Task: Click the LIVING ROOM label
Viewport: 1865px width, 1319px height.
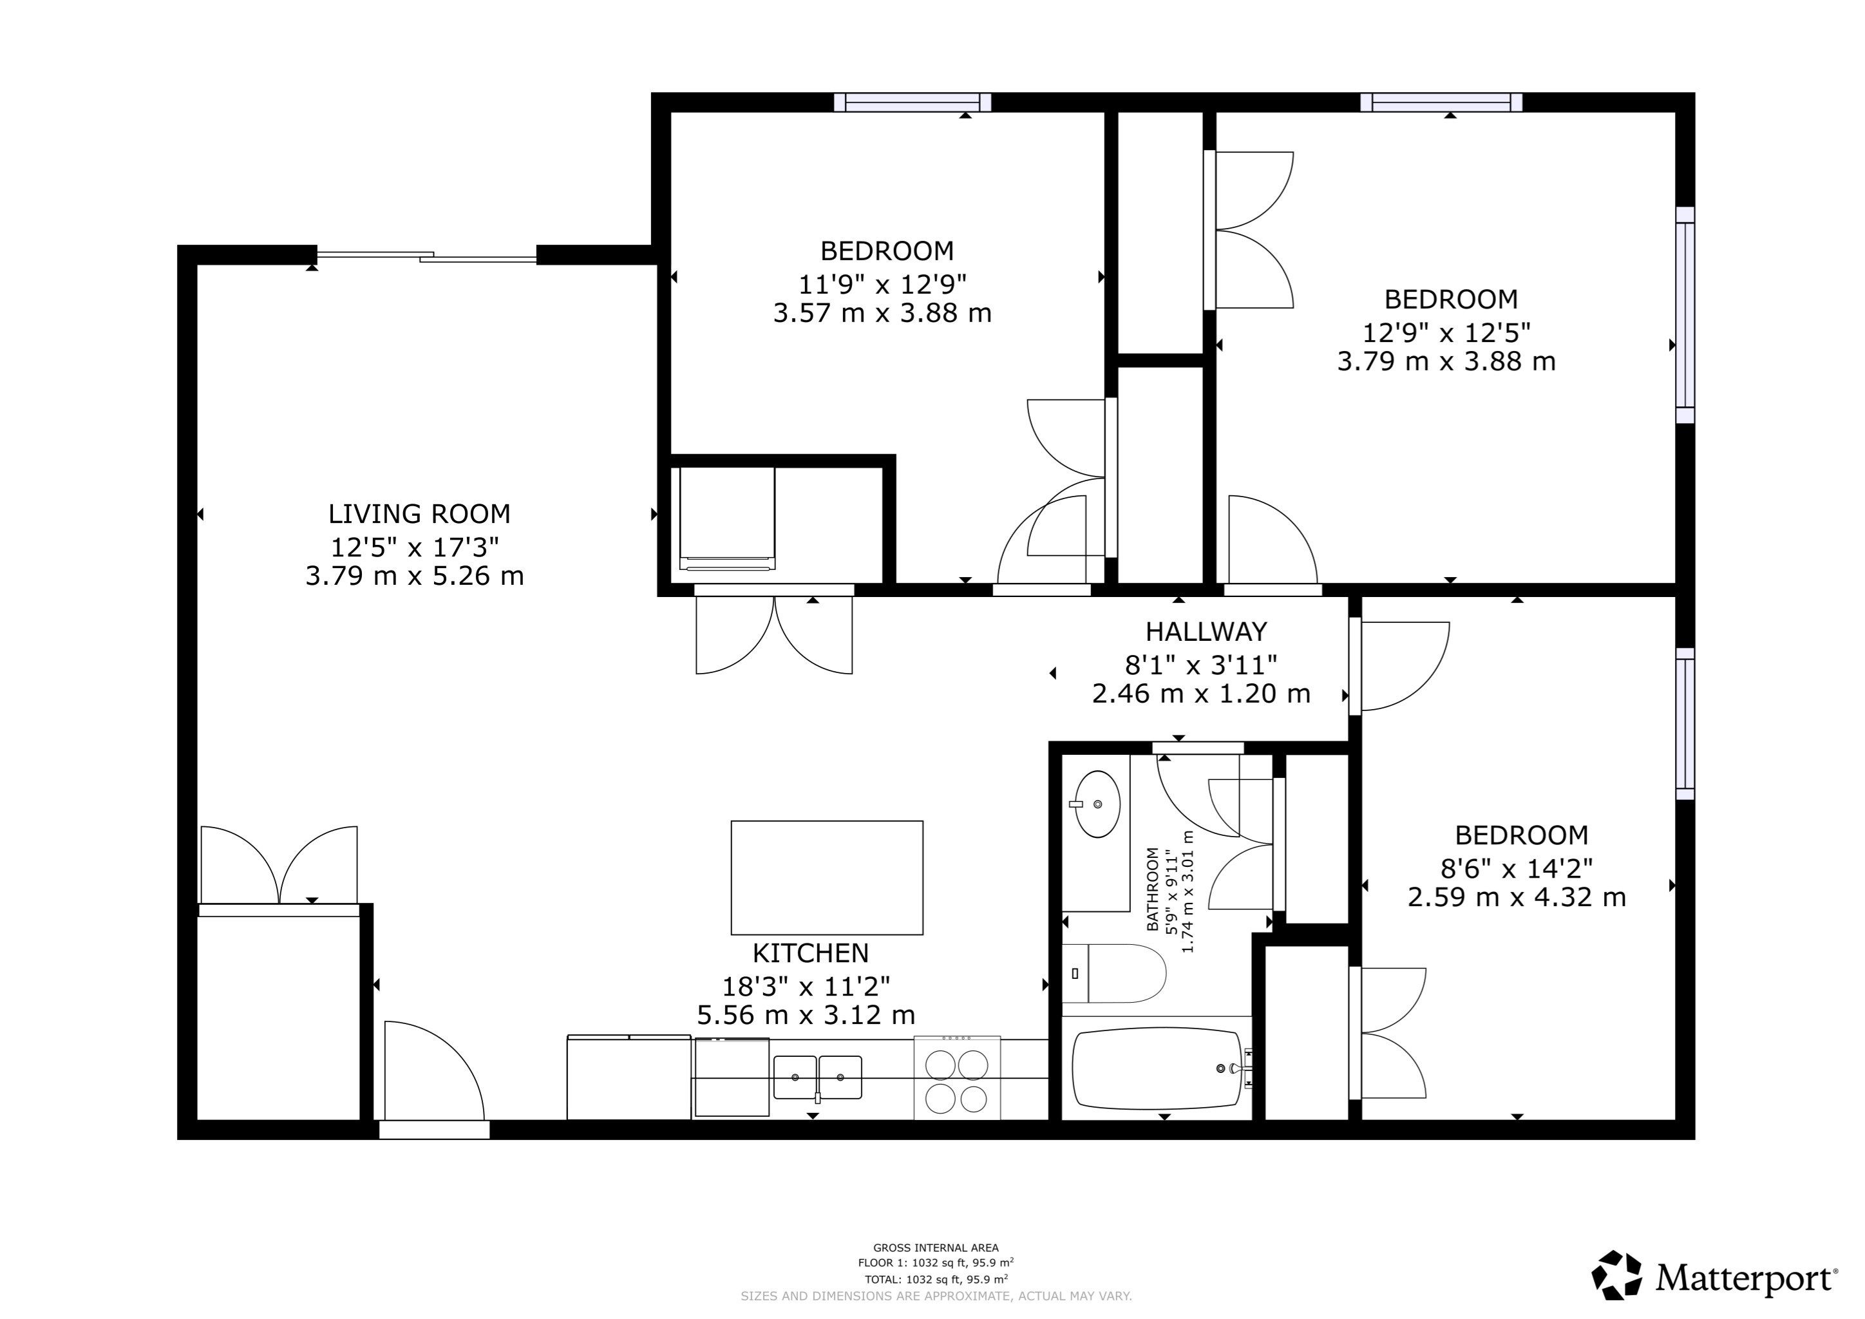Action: pos(419,514)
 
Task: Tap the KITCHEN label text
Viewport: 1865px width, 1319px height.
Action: pos(810,953)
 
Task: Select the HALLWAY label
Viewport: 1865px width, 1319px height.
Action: pos(1206,632)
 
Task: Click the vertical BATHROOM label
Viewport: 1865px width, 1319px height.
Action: pos(1152,890)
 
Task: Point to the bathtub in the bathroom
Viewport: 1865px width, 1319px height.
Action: pos(1157,1068)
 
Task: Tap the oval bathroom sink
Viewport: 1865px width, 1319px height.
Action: pos(1097,804)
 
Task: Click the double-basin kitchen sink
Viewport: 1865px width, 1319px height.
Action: pos(817,1077)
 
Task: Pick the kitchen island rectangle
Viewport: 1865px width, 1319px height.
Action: pos(826,877)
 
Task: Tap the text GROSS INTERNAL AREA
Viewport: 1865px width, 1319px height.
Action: pos(936,1248)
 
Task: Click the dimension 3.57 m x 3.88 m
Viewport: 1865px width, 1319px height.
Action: pos(882,314)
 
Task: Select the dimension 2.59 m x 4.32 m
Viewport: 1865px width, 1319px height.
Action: pos(1517,897)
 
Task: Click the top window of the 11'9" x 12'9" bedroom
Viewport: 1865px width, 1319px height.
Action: pos(912,102)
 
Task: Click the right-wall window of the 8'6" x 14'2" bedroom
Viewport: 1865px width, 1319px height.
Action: pos(1685,723)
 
